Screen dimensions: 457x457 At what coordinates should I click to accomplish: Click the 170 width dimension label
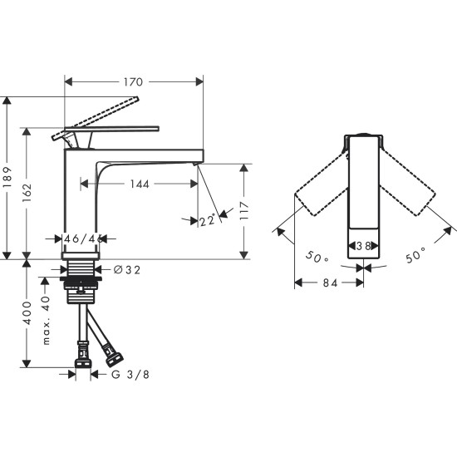click(x=134, y=81)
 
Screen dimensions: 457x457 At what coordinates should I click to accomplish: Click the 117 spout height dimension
click(x=244, y=209)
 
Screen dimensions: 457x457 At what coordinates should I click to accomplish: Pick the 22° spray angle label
click(x=209, y=220)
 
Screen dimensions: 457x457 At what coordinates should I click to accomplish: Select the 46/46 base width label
click(x=84, y=238)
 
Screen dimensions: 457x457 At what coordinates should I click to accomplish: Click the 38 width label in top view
click(x=363, y=247)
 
